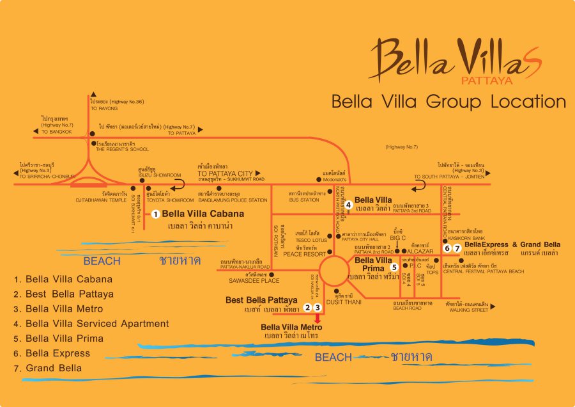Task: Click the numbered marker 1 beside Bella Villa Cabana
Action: point(155,214)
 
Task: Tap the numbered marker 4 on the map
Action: point(349,205)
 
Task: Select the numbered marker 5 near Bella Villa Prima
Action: point(395,267)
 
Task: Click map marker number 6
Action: point(447,248)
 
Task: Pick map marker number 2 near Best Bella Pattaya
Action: point(307,308)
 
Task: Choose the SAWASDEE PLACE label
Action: point(254,280)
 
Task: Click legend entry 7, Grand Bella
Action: point(54,368)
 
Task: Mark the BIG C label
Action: point(399,237)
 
